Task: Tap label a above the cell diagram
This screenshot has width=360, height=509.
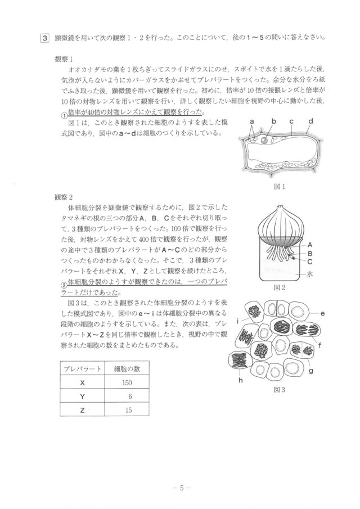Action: click(253, 121)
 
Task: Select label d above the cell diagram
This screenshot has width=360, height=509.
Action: click(310, 121)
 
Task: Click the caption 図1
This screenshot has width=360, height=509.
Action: click(280, 187)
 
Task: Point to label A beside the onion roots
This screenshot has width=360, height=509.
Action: click(310, 245)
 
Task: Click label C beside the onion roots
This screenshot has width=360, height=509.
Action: click(310, 261)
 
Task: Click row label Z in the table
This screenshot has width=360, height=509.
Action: click(82, 411)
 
